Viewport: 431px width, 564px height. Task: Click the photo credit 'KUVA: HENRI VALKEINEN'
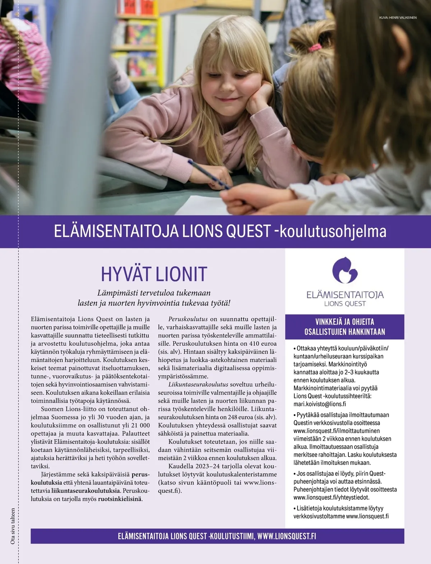pos(398,18)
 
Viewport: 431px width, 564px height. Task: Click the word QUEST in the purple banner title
pos(247,232)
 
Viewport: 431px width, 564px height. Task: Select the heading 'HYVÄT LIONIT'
pos(154,274)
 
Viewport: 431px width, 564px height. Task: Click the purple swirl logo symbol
pos(344,270)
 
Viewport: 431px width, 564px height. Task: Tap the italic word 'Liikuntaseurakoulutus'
pos(198,384)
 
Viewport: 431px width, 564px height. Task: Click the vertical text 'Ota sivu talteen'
pos(13,526)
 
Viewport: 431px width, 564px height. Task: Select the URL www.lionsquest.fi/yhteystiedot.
pos(331,498)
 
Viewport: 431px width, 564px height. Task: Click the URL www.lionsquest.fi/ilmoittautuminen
pos(336,431)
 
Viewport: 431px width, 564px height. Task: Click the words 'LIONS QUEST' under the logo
pos(345,304)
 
